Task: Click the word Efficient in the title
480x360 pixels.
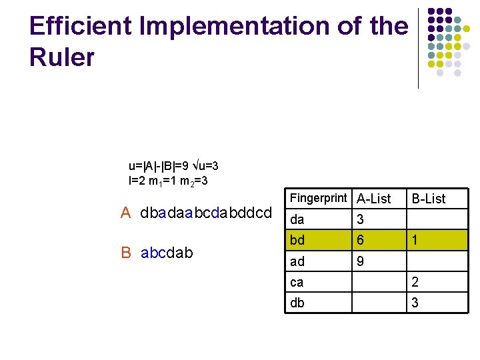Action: [x=73, y=26]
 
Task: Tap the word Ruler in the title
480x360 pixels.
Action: [x=62, y=58]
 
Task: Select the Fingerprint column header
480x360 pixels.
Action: [x=319, y=198]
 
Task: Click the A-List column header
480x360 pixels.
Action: [x=374, y=199]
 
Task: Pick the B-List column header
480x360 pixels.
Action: [x=429, y=199]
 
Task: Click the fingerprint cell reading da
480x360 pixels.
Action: [x=297, y=219]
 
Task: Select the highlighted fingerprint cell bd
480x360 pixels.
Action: [x=297, y=240]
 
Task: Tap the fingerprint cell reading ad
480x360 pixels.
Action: [x=297, y=261]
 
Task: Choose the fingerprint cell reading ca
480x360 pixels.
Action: [x=297, y=282]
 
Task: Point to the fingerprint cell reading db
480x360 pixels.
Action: [x=297, y=303]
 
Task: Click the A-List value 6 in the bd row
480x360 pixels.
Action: [x=361, y=240]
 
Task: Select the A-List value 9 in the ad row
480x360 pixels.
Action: [x=361, y=261]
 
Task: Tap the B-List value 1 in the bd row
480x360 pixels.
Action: [x=415, y=240]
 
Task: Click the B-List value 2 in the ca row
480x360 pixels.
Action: [x=415, y=282]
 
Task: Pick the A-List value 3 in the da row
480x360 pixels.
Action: [x=361, y=219]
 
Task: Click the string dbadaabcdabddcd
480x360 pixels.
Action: [x=207, y=213]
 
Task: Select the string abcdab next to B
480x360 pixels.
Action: [x=167, y=253]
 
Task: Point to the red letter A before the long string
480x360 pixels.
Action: [x=125, y=213]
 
